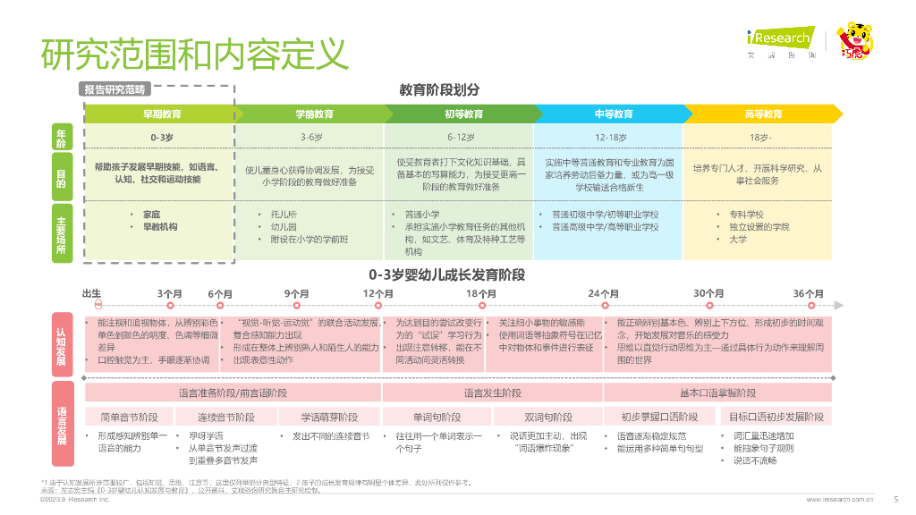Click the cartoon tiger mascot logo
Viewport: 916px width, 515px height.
pos(853,41)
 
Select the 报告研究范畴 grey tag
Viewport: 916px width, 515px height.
pos(114,89)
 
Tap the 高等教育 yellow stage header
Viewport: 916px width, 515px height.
pos(762,114)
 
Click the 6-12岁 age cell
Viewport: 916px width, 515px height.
pos(461,137)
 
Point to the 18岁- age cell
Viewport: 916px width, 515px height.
pos(761,137)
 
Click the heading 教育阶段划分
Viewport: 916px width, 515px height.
pos(439,89)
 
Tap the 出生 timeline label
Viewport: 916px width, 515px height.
pos(91,293)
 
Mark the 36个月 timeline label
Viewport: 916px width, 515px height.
pos(808,293)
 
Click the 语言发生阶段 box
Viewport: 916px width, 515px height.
pos(492,393)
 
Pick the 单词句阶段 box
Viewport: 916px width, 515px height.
pos(437,418)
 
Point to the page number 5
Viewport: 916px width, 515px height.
pos(896,500)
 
